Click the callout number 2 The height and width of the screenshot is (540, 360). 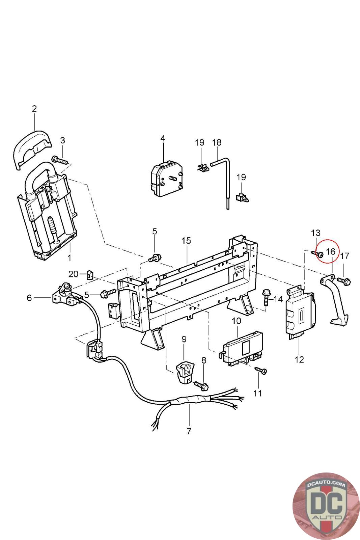[34, 109]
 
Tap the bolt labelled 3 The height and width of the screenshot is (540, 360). [59, 160]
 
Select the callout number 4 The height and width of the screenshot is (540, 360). [163, 139]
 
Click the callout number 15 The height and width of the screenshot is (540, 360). [186, 241]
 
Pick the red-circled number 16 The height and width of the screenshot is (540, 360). [330, 252]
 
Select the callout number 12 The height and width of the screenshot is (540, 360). [299, 360]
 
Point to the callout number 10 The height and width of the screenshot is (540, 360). [237, 321]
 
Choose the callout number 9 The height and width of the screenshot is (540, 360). [184, 340]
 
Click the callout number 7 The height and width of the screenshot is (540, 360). [189, 431]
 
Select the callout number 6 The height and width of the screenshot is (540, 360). [29, 298]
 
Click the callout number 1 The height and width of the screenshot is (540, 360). [70, 258]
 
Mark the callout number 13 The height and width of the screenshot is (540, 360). [315, 233]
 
